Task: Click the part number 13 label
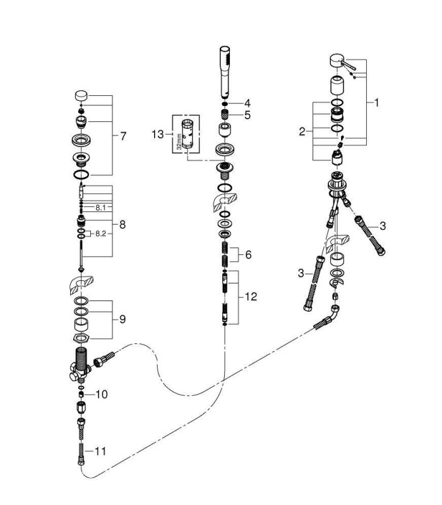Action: (x=157, y=134)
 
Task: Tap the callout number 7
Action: (x=123, y=136)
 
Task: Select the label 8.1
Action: (x=100, y=208)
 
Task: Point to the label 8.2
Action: (x=100, y=234)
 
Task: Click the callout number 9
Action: (x=122, y=319)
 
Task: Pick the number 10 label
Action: (x=102, y=394)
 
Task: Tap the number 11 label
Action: (x=100, y=451)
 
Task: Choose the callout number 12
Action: (x=251, y=297)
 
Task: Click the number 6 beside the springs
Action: (x=248, y=255)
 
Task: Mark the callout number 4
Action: (x=247, y=104)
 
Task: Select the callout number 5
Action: (x=248, y=115)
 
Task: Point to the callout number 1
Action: (x=376, y=103)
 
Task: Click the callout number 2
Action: (x=302, y=131)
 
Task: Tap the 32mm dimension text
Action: (x=179, y=142)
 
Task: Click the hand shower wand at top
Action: (x=225, y=72)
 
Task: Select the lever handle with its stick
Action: (x=342, y=62)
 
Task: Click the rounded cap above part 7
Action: (x=81, y=96)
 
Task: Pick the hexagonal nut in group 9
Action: (x=81, y=338)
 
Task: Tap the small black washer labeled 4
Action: (x=225, y=104)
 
